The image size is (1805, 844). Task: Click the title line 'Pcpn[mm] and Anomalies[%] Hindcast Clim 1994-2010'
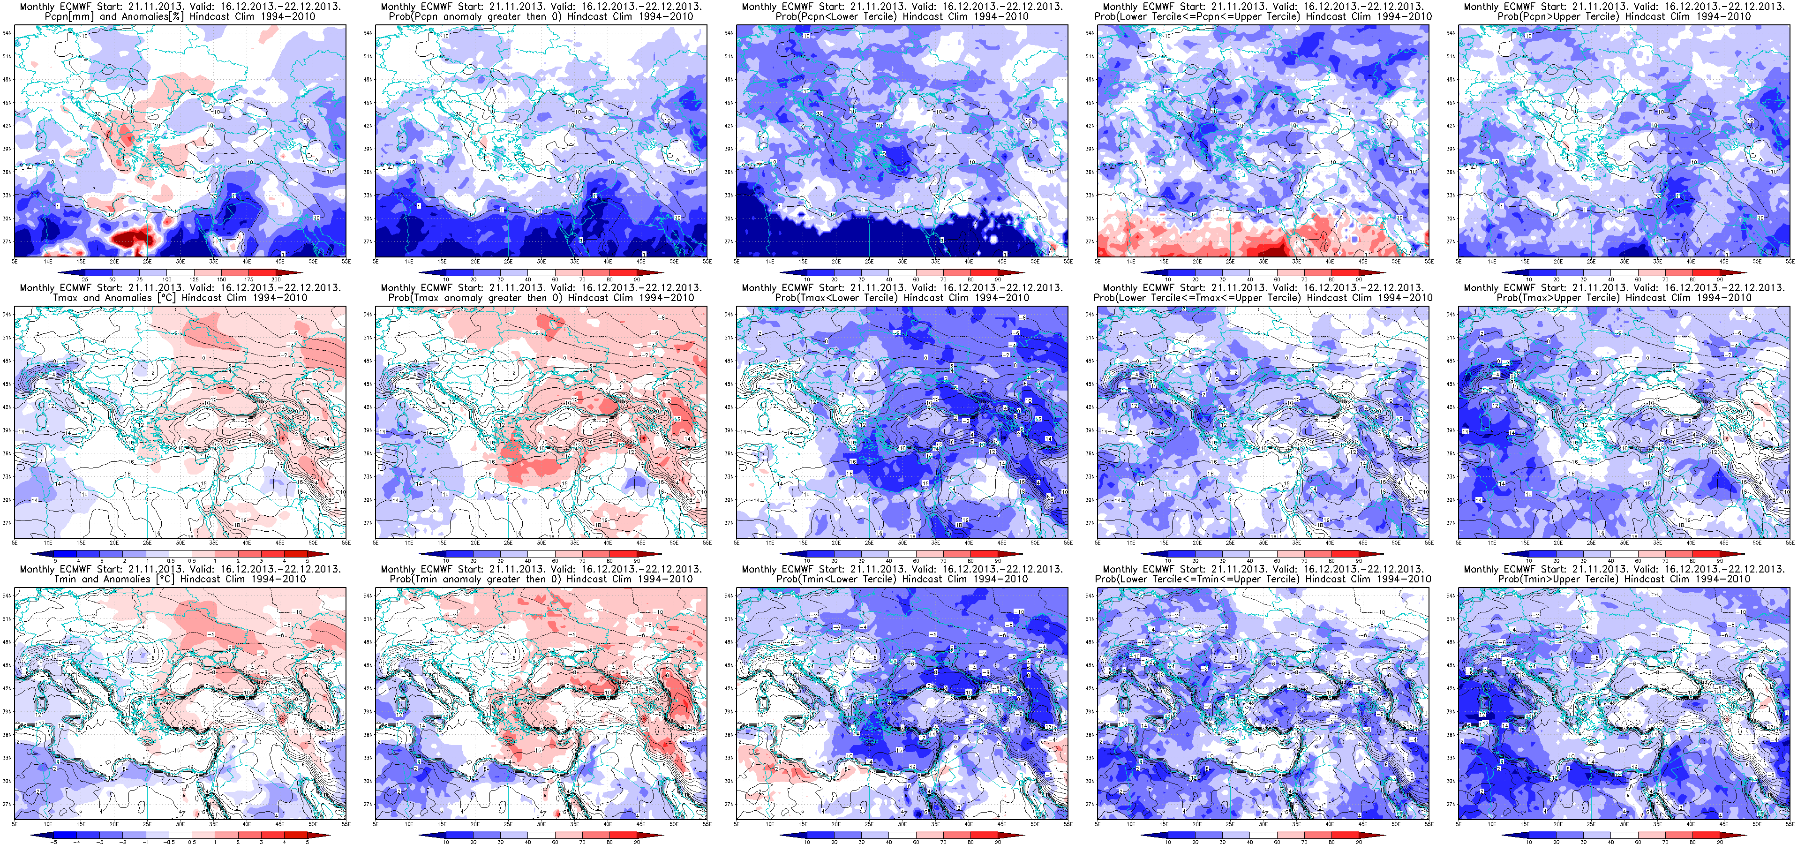[x=180, y=16]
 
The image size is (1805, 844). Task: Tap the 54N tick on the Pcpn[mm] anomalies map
[x=6, y=33]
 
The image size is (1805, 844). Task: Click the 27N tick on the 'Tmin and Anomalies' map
[x=6, y=804]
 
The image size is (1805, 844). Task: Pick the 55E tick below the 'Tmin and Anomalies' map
[x=345, y=825]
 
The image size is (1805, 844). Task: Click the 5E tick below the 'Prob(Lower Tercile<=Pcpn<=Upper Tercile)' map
[x=1098, y=262]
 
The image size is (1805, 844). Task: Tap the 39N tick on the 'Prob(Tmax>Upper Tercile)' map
[x=1451, y=430]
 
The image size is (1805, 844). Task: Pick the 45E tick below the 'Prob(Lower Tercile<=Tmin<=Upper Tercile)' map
[x=1363, y=825]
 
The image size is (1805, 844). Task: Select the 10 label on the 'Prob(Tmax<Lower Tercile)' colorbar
[x=807, y=561]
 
